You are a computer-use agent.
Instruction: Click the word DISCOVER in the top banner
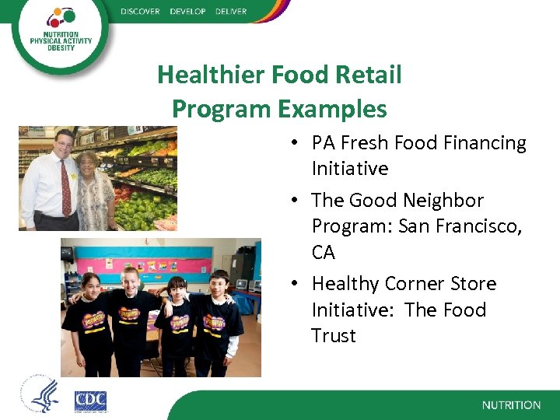pos(140,12)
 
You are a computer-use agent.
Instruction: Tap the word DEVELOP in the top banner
pos(187,12)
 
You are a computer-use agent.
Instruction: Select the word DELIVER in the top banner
pos(231,12)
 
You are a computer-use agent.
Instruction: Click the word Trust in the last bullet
pos(334,336)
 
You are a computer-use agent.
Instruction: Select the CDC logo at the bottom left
pos(90,401)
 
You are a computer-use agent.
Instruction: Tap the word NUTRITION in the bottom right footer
pos(511,405)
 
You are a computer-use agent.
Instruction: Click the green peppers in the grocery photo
pos(148,207)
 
